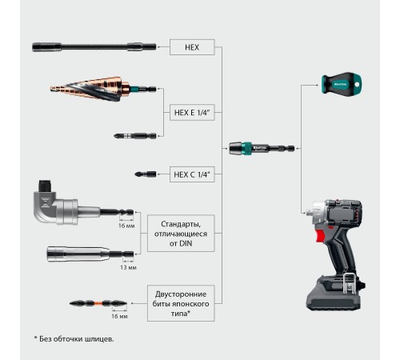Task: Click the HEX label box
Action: (192, 47)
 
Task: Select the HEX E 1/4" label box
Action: (192, 112)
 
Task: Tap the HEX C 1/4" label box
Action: (192, 174)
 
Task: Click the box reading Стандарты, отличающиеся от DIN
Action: (181, 234)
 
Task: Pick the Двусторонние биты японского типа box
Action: (181, 303)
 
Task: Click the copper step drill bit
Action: (102, 89)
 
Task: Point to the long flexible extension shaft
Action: (94, 47)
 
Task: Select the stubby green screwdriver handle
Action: (342, 84)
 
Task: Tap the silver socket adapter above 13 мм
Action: (90, 254)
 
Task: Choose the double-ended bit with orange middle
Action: (98, 303)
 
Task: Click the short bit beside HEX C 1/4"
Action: (146, 174)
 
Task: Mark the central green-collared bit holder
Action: (262, 148)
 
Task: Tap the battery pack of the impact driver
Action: (335, 294)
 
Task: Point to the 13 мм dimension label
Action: (128, 267)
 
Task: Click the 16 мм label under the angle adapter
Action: (126, 226)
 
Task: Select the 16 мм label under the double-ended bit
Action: (119, 316)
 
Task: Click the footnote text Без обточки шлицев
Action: (77, 339)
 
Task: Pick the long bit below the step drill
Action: (135, 136)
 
